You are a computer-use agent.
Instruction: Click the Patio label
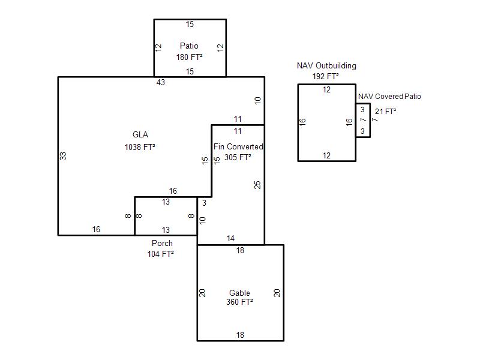[x=189, y=46]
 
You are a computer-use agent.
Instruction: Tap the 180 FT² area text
[x=189, y=58]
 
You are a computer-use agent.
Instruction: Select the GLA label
[x=140, y=134]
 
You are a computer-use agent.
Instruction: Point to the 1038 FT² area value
[x=140, y=146]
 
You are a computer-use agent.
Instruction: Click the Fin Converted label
[x=238, y=146]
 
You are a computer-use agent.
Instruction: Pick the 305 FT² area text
[x=238, y=157]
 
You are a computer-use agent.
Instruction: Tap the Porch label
[x=162, y=243]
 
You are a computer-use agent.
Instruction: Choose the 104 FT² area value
[x=161, y=254]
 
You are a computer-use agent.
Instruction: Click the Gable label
[x=239, y=293]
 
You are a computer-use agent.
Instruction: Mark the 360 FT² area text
[x=239, y=302]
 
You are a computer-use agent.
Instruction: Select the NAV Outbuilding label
[x=326, y=65]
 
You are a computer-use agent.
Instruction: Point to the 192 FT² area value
[x=326, y=76]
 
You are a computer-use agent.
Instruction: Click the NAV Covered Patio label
[x=389, y=97]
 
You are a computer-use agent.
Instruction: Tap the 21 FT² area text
[x=385, y=111]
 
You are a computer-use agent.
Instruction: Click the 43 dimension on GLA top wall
[x=160, y=82]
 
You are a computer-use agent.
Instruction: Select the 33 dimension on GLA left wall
[x=63, y=155]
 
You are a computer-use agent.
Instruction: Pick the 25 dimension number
[x=257, y=185]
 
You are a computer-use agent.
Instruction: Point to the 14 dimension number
[x=230, y=239]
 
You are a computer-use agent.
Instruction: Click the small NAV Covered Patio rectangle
[x=363, y=121]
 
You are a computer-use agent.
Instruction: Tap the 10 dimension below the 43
[x=257, y=100]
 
